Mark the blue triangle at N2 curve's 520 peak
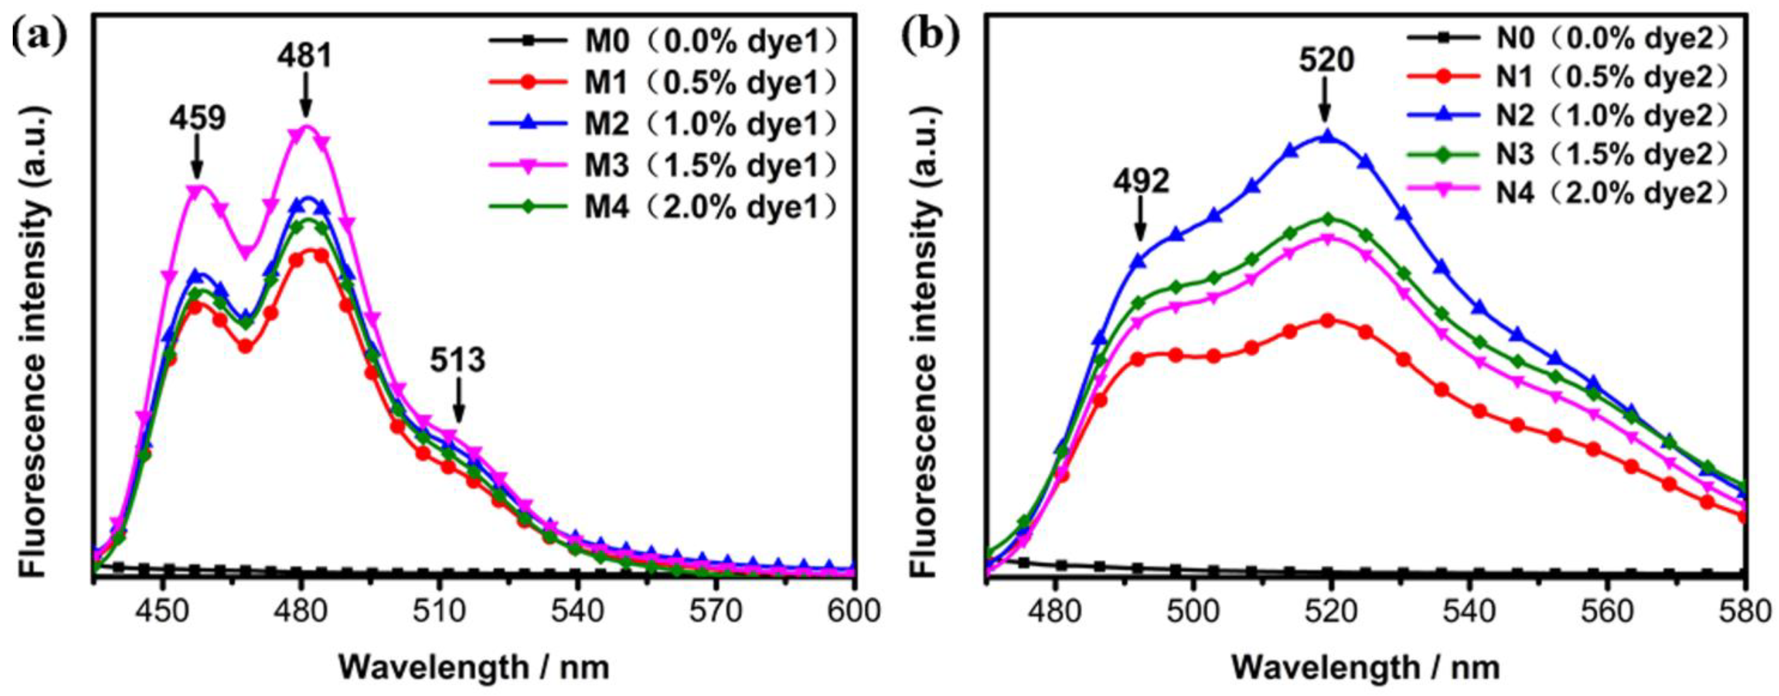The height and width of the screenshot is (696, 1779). pyautogui.click(x=1326, y=136)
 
